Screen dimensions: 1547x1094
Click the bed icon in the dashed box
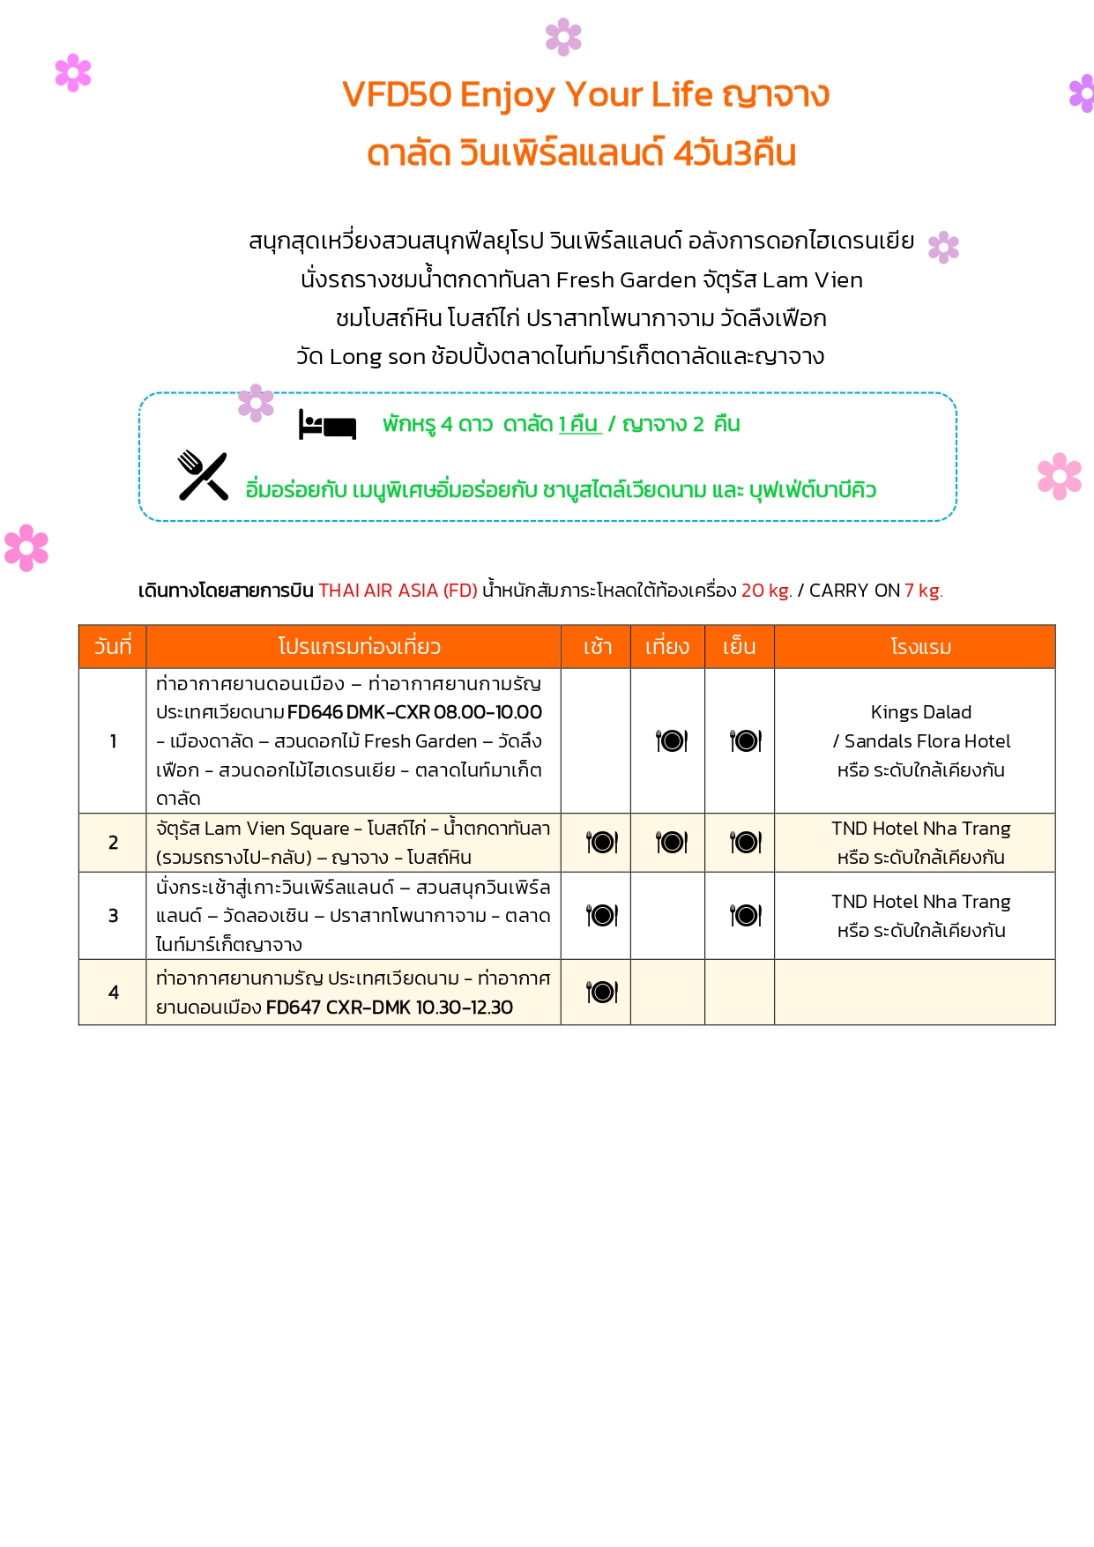[327, 425]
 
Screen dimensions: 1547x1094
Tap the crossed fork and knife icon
[203, 476]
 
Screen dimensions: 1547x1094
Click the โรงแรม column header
[920, 647]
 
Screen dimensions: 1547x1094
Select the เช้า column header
[597, 647]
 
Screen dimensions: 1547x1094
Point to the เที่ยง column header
[666, 647]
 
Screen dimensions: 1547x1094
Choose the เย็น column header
[739, 647]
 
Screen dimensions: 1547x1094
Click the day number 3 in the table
[113, 916]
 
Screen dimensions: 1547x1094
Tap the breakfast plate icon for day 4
[602, 993]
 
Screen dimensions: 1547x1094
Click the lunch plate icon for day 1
[672, 741]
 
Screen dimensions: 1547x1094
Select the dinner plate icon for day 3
[746, 916]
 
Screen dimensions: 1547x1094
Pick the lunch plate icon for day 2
[672, 843]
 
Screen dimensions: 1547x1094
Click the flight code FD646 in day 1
[315, 712]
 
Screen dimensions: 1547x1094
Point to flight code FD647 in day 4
[293, 1008]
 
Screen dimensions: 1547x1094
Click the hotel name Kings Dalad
[920, 712]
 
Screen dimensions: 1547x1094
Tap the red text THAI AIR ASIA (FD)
[398, 591]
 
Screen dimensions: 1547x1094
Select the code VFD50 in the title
[397, 94]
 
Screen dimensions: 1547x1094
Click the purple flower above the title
[563, 37]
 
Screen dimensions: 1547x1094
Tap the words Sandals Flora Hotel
[927, 741]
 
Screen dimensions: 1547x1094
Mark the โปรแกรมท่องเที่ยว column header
[359, 647]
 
